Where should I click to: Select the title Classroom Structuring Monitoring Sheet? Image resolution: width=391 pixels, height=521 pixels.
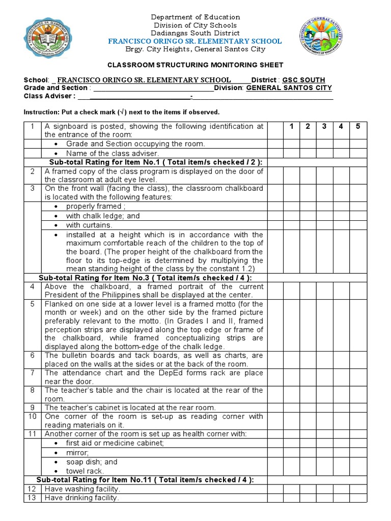point(195,65)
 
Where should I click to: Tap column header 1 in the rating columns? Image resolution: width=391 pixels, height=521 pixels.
point(291,126)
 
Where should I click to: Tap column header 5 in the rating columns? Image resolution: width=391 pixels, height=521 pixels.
point(358,126)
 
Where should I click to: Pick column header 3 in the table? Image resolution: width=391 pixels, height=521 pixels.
point(324,126)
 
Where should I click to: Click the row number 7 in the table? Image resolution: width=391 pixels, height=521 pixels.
point(32,373)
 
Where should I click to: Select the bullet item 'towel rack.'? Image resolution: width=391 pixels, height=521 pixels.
point(85,471)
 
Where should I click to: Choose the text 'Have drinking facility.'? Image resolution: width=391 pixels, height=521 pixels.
point(82,498)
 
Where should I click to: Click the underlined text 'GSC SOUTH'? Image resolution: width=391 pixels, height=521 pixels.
point(303,80)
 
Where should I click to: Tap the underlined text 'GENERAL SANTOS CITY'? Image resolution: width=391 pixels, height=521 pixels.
point(289,88)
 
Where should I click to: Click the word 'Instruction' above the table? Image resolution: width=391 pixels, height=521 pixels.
point(41,112)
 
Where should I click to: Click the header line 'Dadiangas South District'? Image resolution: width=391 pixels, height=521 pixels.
point(196,33)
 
